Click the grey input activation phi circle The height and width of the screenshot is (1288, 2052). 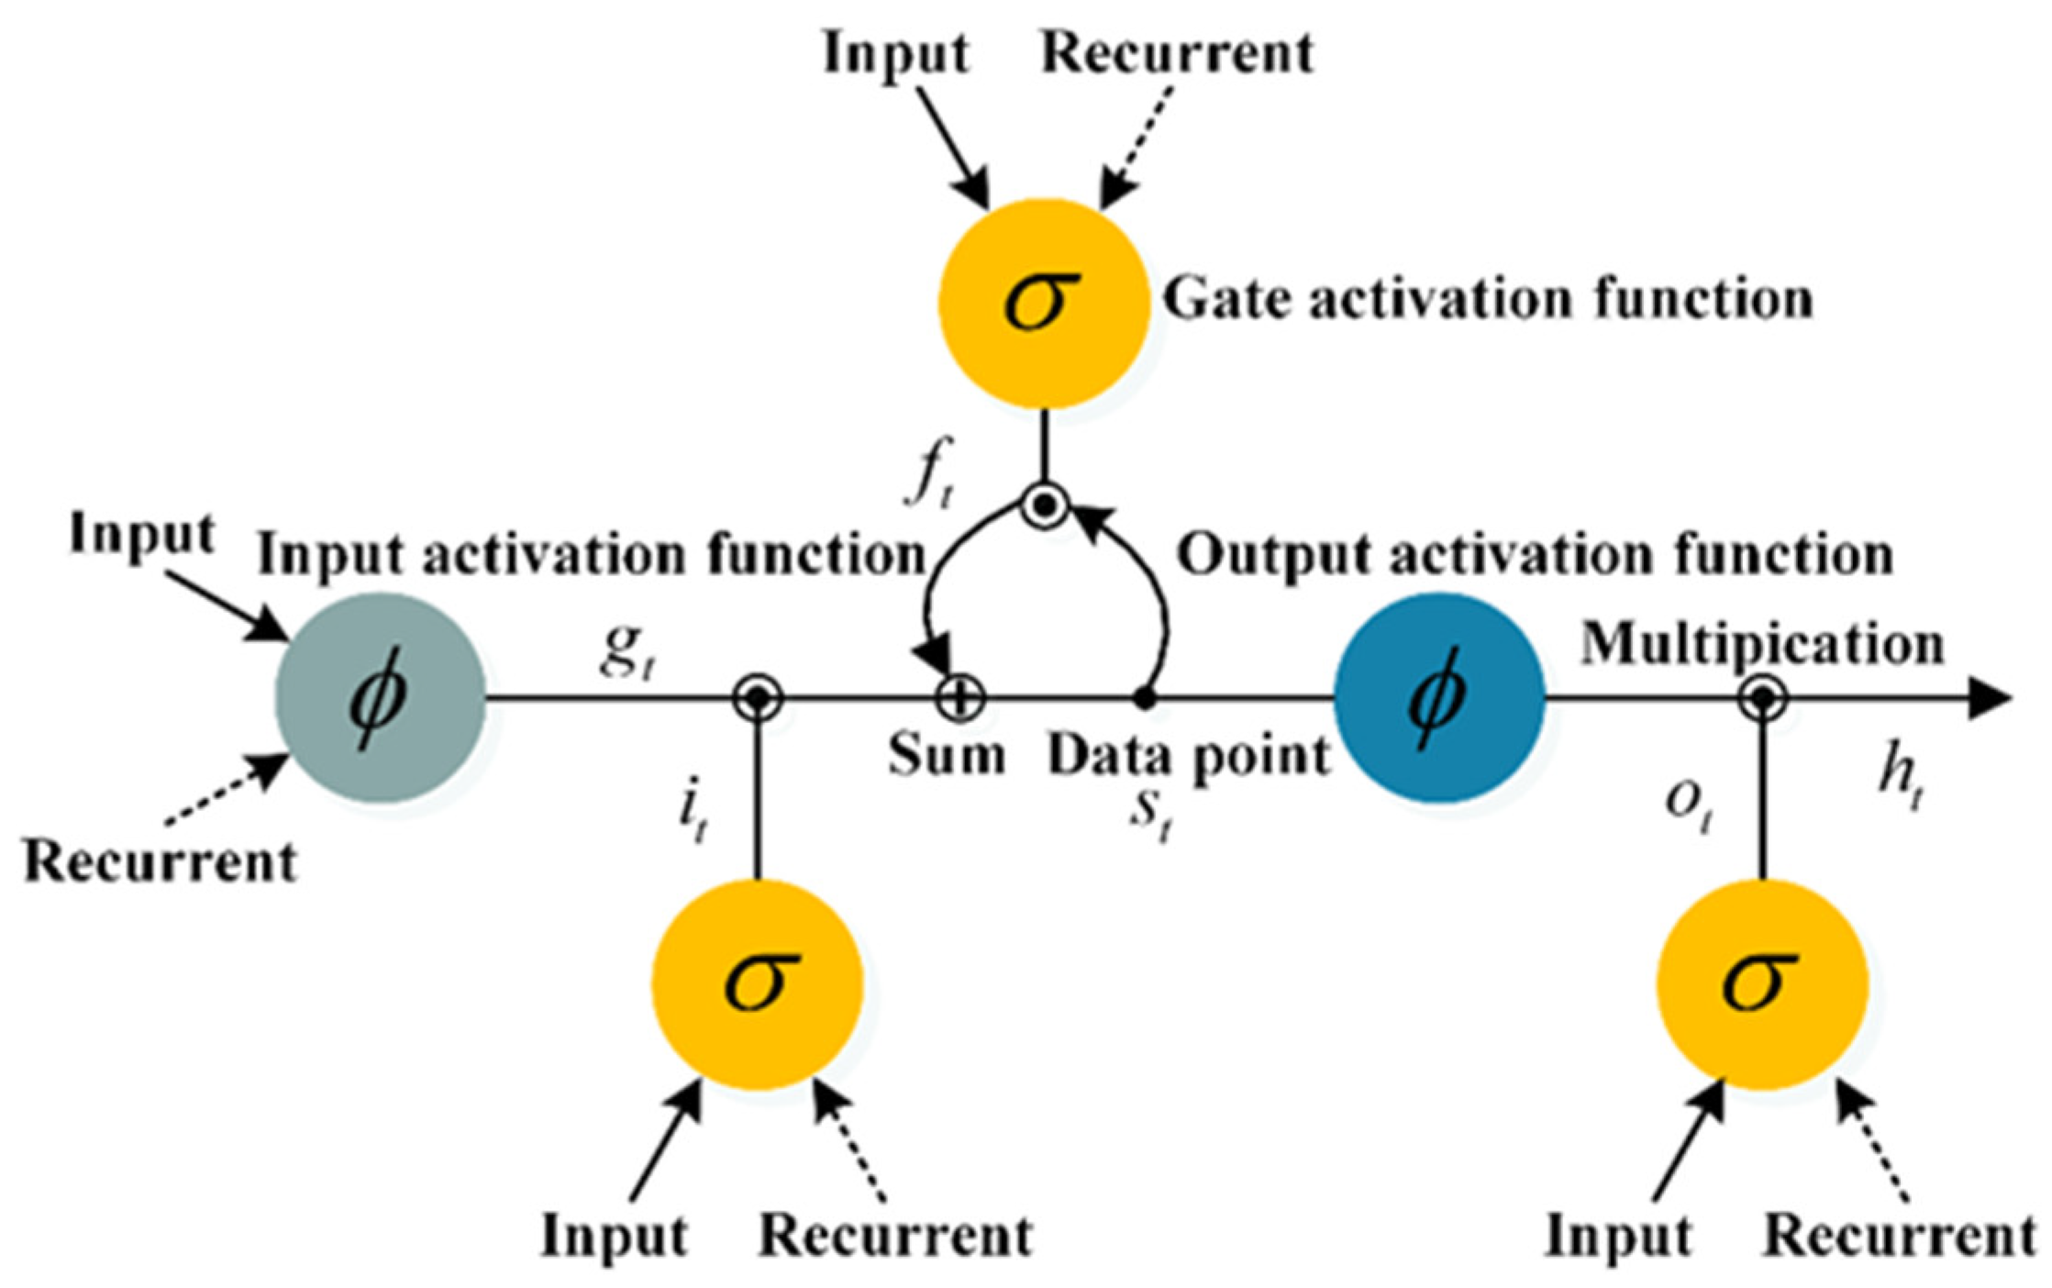tap(380, 697)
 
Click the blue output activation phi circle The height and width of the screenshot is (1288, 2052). tap(1438, 697)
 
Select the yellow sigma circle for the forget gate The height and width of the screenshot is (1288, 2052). tap(1044, 303)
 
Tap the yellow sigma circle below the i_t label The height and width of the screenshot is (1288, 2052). tap(758, 984)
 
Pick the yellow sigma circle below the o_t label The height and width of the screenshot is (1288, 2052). tap(1762, 984)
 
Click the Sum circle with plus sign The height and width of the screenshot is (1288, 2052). tap(959, 699)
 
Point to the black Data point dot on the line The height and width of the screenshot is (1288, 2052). tap(1144, 699)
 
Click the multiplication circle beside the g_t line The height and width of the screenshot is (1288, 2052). tap(758, 699)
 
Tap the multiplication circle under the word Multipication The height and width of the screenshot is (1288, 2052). tap(1762, 699)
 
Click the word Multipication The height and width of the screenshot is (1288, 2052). tap(1761, 644)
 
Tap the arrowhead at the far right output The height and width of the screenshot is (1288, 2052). tap(1991, 699)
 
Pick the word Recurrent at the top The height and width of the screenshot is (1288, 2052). tap(1177, 52)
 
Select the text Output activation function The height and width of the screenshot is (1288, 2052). tap(1535, 555)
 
